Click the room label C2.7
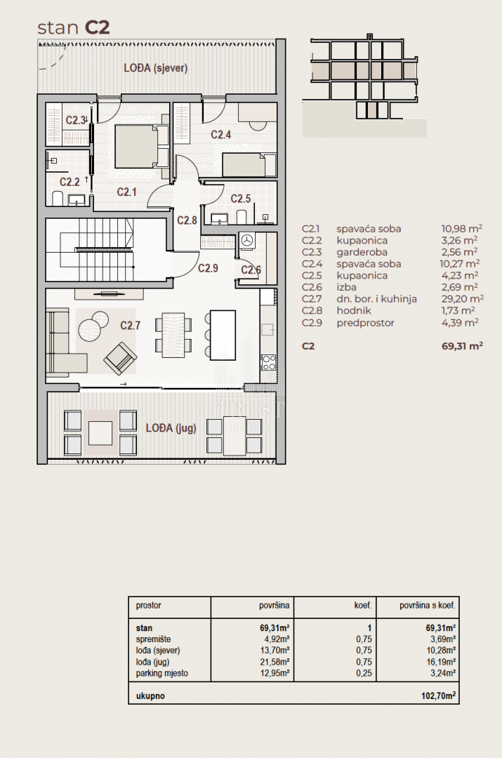[130, 326]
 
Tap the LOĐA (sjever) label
[155, 67]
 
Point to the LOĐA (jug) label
[171, 428]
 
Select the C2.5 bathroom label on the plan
[240, 199]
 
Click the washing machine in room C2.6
[248, 241]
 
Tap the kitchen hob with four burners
[268, 362]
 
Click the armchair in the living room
[120, 359]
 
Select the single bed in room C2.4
[248, 165]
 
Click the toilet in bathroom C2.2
[58, 198]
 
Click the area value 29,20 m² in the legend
[463, 299]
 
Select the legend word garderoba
[362, 253]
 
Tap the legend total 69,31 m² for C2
[462, 346]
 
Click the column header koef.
[363, 605]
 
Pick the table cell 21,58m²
[275, 662]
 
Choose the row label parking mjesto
[161, 673]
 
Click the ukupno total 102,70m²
[439, 696]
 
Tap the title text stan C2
[74, 27]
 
